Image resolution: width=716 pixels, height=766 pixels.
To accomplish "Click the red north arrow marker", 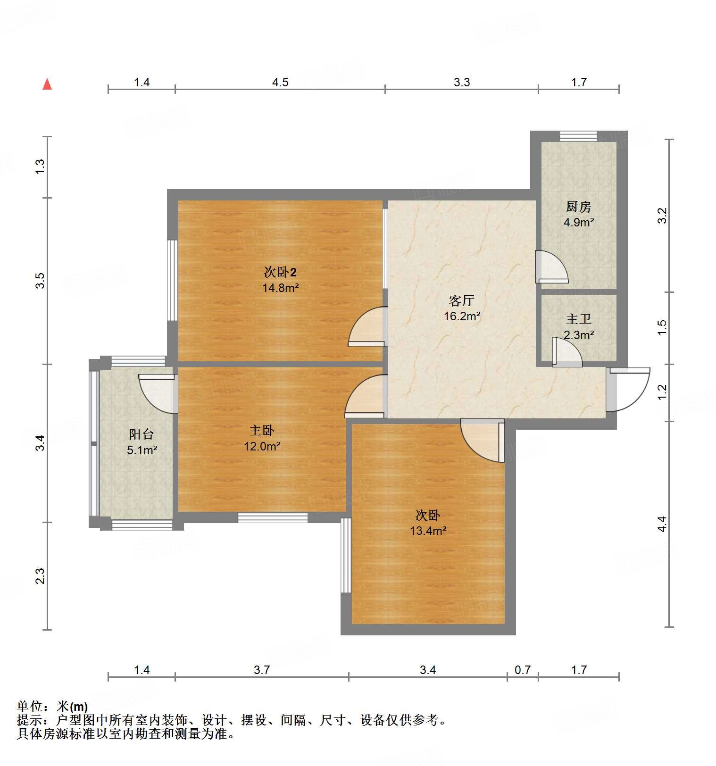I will (47, 84).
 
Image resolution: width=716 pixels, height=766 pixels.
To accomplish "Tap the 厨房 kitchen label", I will (578, 207).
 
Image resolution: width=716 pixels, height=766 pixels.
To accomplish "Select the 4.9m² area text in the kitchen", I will (578, 222).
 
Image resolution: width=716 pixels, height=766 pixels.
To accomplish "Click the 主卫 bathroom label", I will (578, 319).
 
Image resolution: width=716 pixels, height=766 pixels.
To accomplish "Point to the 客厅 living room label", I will (461, 300).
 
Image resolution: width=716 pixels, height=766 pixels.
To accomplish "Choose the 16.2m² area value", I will (462, 316).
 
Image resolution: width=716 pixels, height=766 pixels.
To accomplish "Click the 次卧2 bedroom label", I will (280, 272).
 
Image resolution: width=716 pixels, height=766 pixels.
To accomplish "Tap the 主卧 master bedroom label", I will (262, 430).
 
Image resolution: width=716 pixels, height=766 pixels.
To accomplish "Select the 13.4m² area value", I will (428, 531).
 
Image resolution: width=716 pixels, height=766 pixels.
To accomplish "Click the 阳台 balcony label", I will (142, 434).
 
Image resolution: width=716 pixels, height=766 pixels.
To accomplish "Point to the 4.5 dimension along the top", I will (280, 83).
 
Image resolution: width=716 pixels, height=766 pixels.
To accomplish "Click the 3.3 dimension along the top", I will (462, 83).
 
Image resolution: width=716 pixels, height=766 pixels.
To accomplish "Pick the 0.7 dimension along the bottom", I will (522, 670).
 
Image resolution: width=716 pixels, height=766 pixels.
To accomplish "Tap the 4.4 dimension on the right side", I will (662, 524).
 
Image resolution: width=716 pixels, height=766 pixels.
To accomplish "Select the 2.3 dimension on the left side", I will (41, 576).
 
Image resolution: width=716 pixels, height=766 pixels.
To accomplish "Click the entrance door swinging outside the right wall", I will (630, 389).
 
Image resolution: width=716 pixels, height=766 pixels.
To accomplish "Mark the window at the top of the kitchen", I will (578, 136).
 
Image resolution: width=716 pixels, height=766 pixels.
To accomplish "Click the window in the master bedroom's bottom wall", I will (273, 517).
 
